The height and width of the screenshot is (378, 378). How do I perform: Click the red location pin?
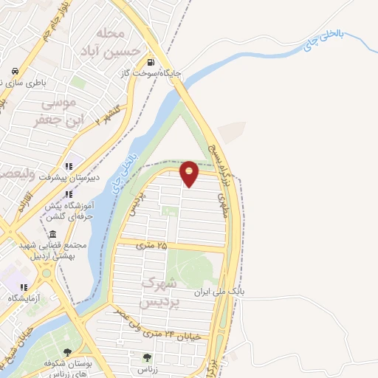(x=190, y=172)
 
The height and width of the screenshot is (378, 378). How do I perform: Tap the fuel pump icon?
(x=151, y=62)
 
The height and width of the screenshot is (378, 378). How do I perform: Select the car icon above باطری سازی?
(x=14, y=72)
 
